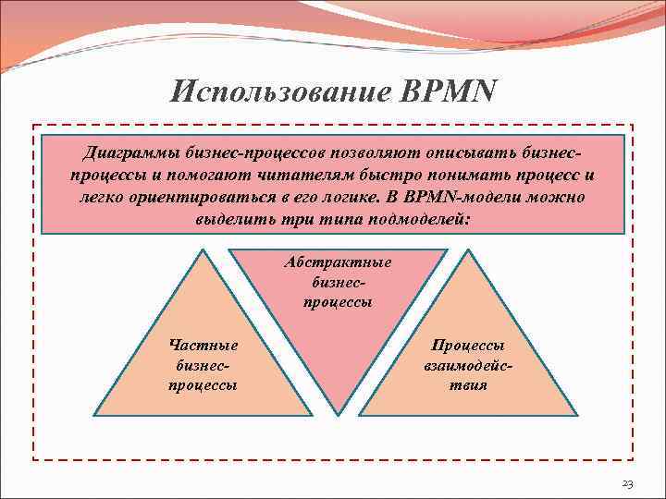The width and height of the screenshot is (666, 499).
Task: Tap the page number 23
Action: click(627, 484)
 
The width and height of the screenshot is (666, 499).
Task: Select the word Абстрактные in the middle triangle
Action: click(338, 262)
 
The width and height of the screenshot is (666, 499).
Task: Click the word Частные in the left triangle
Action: click(203, 345)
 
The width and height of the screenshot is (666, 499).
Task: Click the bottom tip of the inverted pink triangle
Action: click(338, 414)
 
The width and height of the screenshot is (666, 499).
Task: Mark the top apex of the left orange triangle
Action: click(203, 250)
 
